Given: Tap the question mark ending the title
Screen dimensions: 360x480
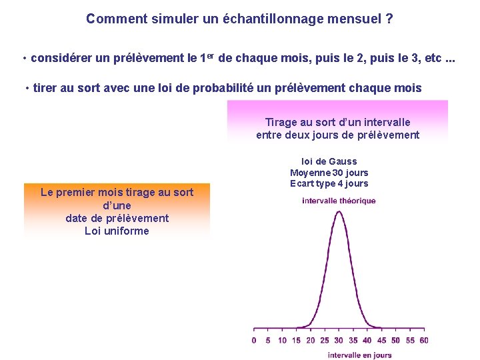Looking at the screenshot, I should click(x=389, y=19).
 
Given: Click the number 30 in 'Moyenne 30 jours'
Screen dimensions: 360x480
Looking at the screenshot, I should click(x=334, y=173).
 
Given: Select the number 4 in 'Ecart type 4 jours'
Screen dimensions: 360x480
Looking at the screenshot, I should click(x=340, y=184).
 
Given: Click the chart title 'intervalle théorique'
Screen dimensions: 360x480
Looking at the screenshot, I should click(x=339, y=201).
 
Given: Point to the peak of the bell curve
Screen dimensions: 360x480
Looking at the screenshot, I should click(x=339, y=211).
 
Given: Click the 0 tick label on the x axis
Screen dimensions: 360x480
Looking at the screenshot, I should click(x=254, y=341).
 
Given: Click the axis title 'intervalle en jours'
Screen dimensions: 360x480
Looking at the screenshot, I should click(x=359, y=355).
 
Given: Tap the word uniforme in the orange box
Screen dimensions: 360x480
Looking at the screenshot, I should click(x=127, y=231).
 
